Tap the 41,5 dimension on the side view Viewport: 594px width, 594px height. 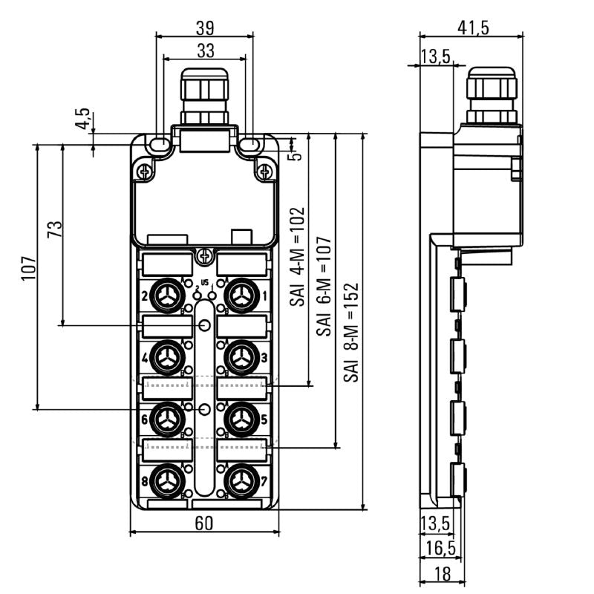pos(473,27)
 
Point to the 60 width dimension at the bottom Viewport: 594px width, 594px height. pos(204,523)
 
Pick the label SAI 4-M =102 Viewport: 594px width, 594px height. pos(298,257)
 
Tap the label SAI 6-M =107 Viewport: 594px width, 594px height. pos(324,293)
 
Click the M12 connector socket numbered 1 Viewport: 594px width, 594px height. pos(239,297)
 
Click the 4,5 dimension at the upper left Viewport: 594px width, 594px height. pos(82,119)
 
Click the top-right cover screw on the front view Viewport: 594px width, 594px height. pos(263,172)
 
